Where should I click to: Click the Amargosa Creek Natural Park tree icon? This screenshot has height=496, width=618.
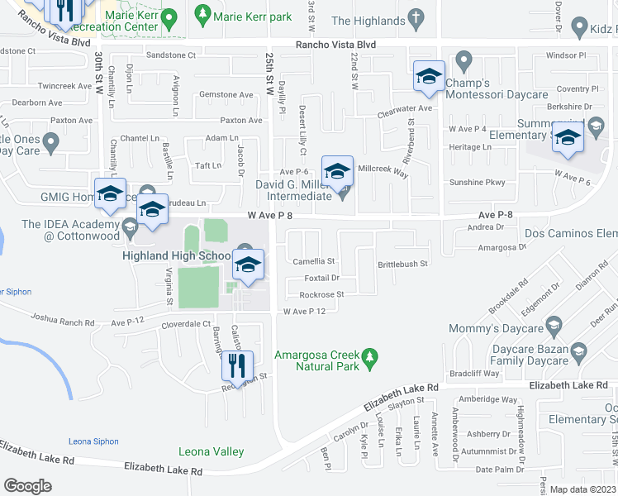tap(372, 356)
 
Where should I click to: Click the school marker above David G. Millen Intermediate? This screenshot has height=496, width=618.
tap(337, 172)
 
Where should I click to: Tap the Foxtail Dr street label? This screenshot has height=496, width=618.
tap(321, 278)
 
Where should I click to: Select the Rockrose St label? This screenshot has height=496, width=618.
tap(321, 294)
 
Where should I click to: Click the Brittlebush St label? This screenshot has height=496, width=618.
tap(402, 264)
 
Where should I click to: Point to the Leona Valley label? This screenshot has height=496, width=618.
tap(212, 451)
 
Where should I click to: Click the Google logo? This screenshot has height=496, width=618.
tap(27, 486)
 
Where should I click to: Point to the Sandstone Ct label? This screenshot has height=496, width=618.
tap(170, 55)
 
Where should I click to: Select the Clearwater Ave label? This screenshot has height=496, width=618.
tap(405, 108)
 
